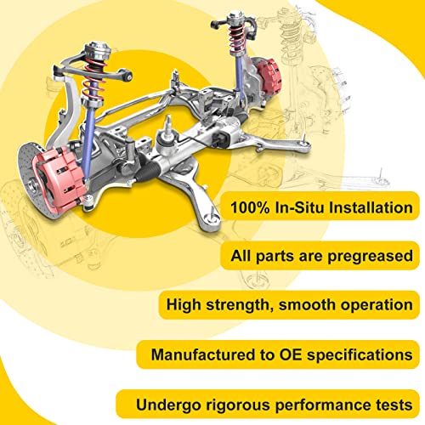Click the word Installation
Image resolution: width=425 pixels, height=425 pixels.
tap(368, 207)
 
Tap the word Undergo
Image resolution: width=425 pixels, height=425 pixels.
tap(156, 401)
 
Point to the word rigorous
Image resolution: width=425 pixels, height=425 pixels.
tap(224, 401)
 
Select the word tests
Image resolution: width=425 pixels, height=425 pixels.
tap(388, 401)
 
